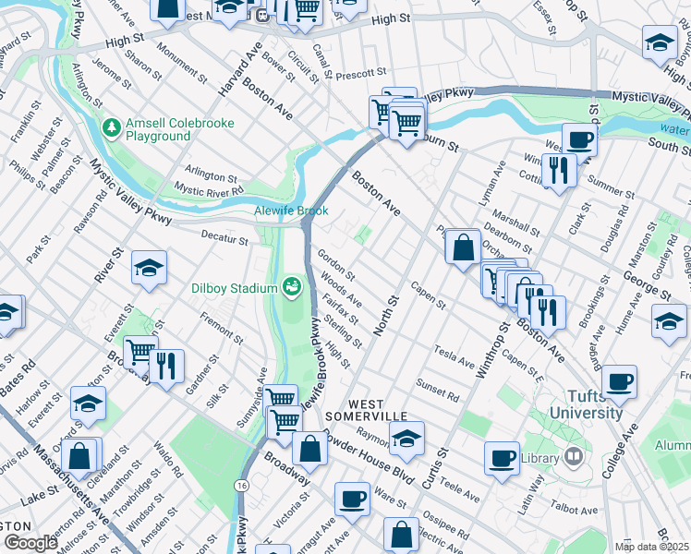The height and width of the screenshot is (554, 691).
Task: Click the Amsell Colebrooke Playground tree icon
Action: [112, 126]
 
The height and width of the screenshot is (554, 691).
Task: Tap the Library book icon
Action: [573, 457]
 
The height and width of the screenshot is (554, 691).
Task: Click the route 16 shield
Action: [242, 486]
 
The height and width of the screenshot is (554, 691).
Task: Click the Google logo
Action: [30, 542]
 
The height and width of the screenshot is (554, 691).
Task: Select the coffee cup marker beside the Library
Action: [503, 457]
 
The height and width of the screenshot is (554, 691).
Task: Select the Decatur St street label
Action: [225, 240]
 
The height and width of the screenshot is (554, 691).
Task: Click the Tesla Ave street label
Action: [454, 356]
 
